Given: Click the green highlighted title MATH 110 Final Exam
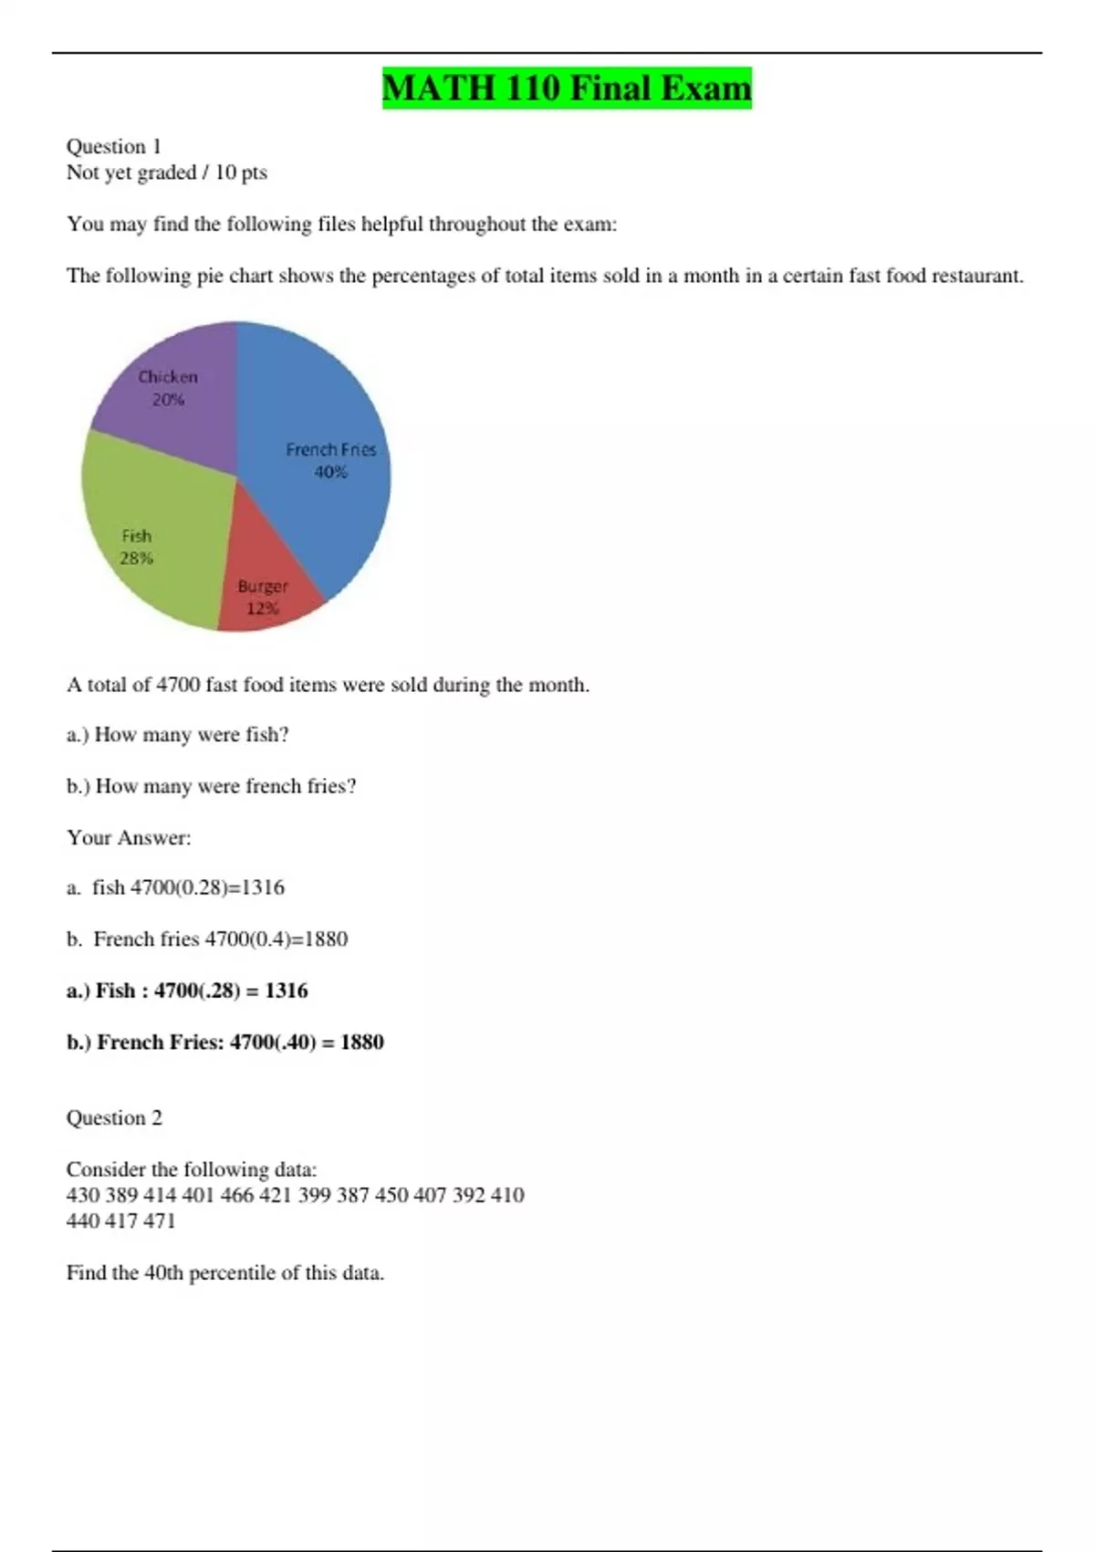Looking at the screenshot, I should [567, 89].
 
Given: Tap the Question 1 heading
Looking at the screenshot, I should [114, 146].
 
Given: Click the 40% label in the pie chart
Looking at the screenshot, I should [330, 472].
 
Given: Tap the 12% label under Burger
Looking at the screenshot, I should [263, 609].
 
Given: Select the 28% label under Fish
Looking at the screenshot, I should [137, 558].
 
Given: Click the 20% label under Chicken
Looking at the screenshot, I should [168, 400].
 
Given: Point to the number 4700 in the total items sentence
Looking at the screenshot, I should [178, 685].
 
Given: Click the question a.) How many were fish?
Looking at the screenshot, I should [178, 735].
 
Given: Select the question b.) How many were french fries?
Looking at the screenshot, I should [212, 786].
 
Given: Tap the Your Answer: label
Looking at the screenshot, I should [129, 838].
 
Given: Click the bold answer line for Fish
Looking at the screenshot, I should [187, 991].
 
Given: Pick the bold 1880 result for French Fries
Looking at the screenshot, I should [361, 1043].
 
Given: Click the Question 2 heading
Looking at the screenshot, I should [114, 1118].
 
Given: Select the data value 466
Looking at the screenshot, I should [236, 1195].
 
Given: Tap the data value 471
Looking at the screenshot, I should [159, 1221].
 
